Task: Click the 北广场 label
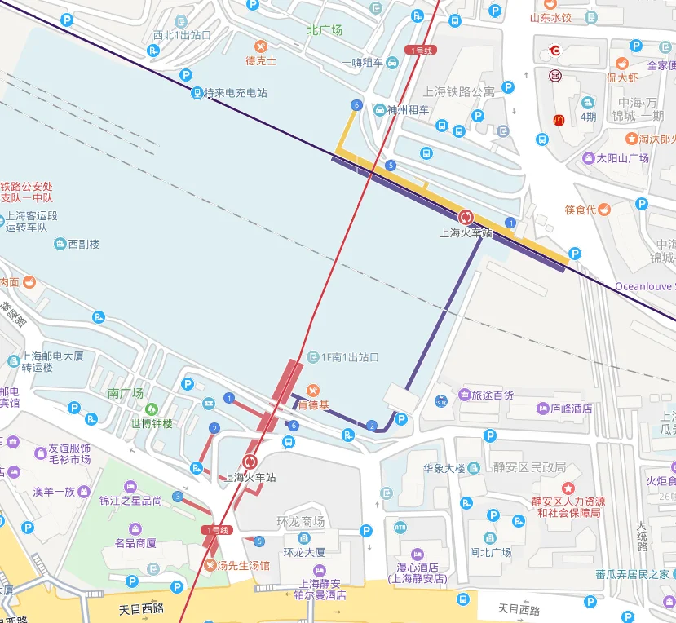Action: coord(325,30)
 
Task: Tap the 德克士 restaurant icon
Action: coord(261,46)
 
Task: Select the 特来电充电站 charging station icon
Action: coord(197,93)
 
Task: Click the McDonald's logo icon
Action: coord(559,120)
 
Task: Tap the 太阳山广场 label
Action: coord(622,158)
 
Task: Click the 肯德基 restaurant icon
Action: coord(312,390)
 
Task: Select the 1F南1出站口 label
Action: coord(350,357)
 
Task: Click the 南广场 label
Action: coord(126,393)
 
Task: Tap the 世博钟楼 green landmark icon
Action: coord(151,409)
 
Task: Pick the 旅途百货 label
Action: coord(493,395)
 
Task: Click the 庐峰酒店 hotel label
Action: coord(570,408)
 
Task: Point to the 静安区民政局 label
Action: coord(529,467)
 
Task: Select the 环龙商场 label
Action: coord(300,522)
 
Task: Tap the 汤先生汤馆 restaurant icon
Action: coord(211,565)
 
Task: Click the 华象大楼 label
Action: coord(444,468)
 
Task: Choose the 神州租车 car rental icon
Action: coord(380,109)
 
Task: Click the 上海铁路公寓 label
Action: coord(459,91)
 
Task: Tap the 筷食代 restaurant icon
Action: coord(603,210)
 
